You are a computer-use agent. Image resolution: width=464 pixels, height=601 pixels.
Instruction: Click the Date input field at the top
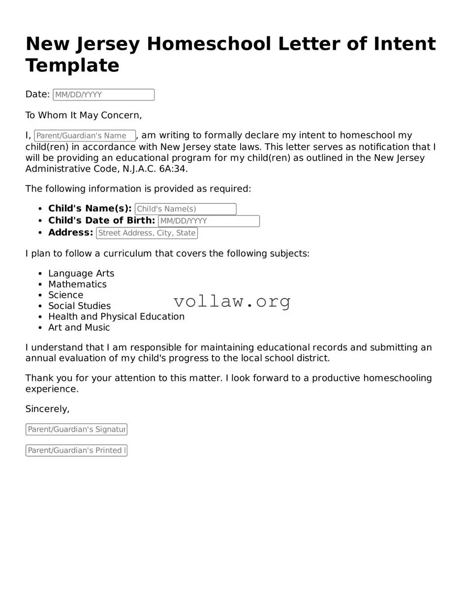coord(103,95)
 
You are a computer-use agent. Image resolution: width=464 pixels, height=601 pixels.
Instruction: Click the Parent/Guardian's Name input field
coord(85,136)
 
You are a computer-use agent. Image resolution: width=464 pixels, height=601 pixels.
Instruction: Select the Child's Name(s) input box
coord(186,209)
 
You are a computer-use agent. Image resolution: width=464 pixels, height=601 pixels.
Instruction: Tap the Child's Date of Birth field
coord(209,221)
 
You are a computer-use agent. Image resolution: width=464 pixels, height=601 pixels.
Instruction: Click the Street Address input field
coord(147,233)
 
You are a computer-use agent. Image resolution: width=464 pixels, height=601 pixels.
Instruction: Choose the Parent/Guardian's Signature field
coord(76,429)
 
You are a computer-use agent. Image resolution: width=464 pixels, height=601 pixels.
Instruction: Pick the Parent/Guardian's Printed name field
coord(76,450)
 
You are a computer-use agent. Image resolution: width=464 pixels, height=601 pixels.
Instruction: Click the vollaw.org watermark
coord(232,301)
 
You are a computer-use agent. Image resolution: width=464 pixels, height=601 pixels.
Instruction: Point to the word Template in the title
coord(72,65)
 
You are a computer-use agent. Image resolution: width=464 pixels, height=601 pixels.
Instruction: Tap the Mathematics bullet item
coord(77,284)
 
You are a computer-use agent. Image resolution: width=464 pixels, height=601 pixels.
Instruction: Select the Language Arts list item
coord(81,273)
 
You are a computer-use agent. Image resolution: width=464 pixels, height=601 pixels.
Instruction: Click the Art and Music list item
coord(79,327)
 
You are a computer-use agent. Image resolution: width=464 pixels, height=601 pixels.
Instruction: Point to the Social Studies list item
coord(79,306)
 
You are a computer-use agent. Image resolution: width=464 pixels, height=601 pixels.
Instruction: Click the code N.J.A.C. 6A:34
coord(155,169)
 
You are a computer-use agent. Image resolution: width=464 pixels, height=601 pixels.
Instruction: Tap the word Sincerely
coord(47,409)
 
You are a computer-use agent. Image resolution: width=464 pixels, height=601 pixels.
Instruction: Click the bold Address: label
coord(70,232)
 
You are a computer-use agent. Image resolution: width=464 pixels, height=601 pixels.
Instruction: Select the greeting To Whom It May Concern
coord(83,115)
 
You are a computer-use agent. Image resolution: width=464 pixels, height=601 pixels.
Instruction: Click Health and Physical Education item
coord(116,316)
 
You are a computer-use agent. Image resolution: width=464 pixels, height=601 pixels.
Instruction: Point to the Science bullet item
coord(65,295)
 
